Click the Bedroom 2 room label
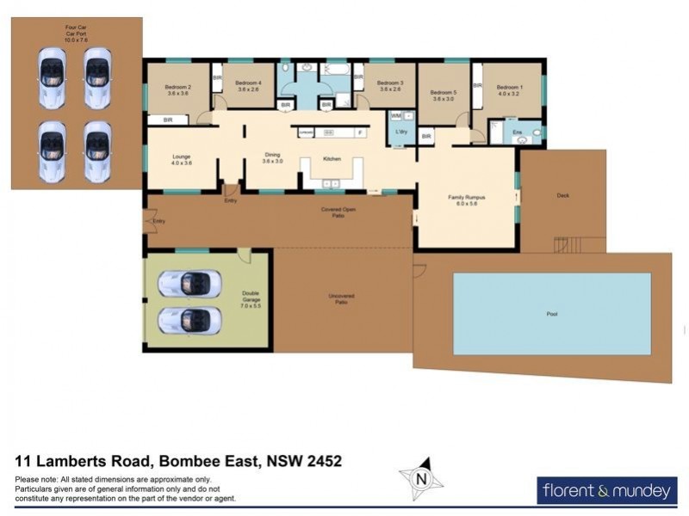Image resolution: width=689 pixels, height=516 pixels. coord(177,90)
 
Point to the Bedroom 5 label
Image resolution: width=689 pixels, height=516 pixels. coord(443,95)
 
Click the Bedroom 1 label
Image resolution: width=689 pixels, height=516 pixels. coord(510,89)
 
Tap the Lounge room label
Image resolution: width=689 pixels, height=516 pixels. coord(181,158)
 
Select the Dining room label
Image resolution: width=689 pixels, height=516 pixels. coord(272,158)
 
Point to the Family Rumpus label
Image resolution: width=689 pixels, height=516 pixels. coord(466,201)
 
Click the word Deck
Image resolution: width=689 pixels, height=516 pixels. coord(563,195)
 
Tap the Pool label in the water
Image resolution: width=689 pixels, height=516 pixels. coord(551,314)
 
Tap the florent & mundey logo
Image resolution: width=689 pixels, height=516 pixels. coord(606,491)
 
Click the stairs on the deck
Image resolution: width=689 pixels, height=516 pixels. coord(568,245)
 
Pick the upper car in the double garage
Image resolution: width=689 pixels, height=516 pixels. coord(190,283)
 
